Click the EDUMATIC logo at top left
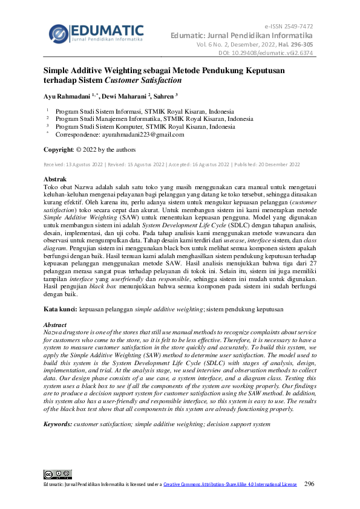tap(96, 33)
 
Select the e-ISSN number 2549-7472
tap(300, 27)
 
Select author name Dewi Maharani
tap(125, 96)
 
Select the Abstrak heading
tap(56, 180)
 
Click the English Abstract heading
tap(57, 325)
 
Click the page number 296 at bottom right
tap(309, 484)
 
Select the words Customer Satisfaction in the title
tap(143, 80)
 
